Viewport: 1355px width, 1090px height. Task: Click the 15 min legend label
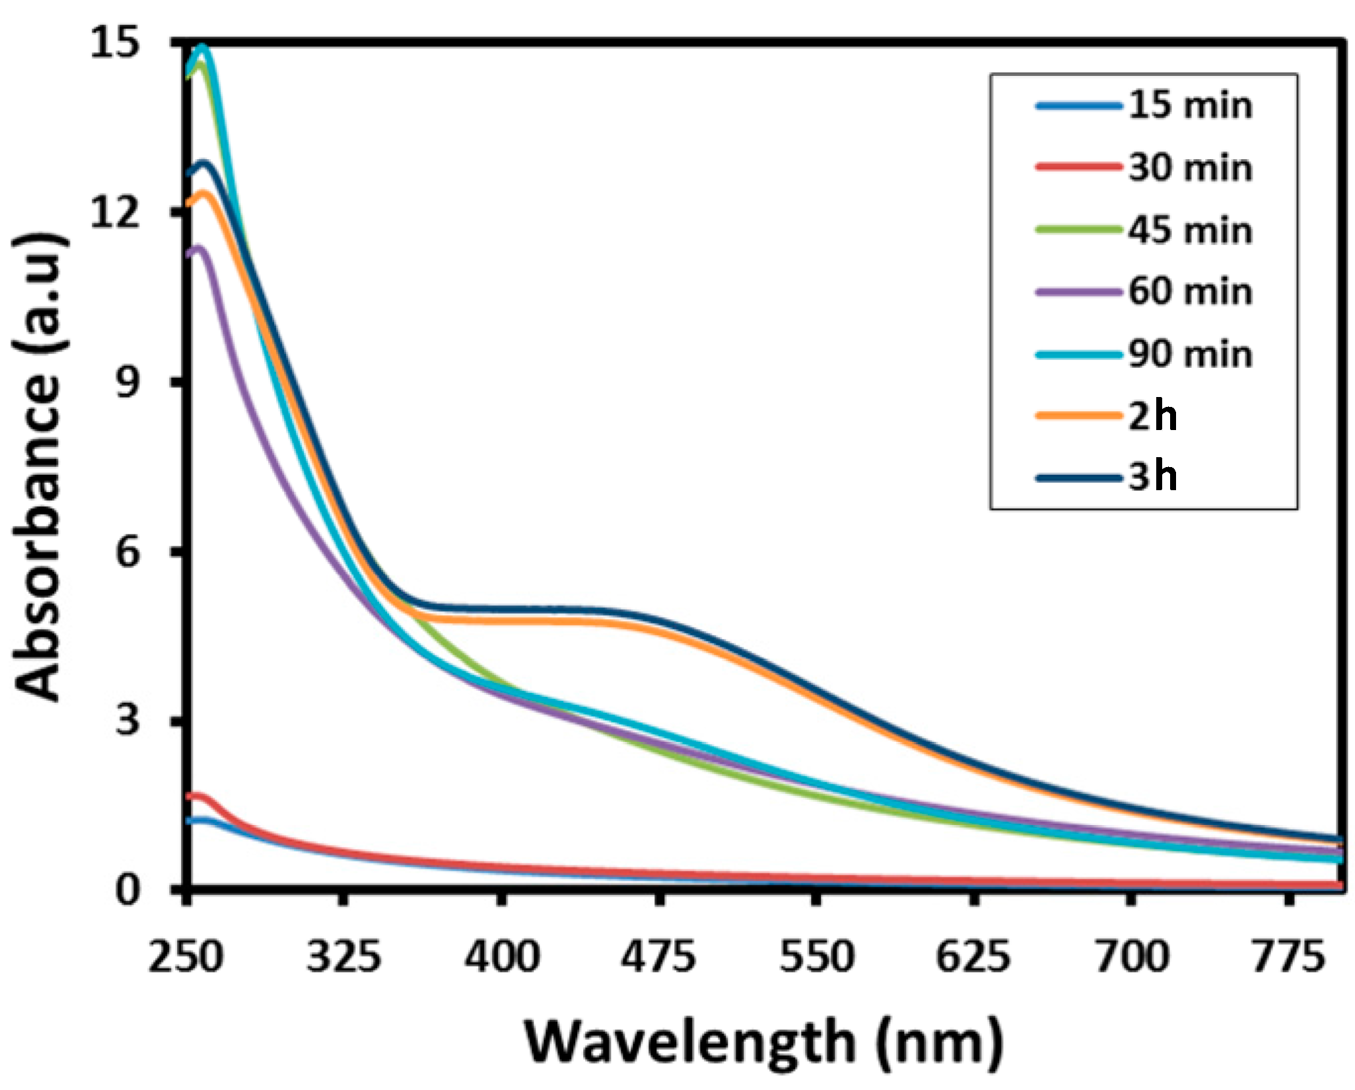pyautogui.click(x=1189, y=106)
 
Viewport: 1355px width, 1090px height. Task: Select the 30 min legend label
pyautogui.click(x=1189, y=168)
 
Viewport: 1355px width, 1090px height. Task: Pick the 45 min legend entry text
pyautogui.click(x=1189, y=231)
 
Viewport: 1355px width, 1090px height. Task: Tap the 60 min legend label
pyautogui.click(x=1189, y=292)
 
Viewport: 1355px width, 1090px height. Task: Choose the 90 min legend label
pyautogui.click(x=1189, y=354)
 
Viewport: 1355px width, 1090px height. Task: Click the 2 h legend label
pyautogui.click(x=1152, y=416)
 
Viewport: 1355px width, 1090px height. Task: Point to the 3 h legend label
pyautogui.click(x=1152, y=476)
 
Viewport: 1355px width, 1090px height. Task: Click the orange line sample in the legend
pyautogui.click(x=1079, y=416)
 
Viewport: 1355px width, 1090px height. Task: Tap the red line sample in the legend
pyautogui.click(x=1079, y=167)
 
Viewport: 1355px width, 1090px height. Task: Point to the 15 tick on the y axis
pyautogui.click(x=116, y=45)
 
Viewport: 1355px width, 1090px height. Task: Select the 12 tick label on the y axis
pyautogui.click(x=116, y=213)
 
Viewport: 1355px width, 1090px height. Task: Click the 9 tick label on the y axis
pyautogui.click(x=128, y=382)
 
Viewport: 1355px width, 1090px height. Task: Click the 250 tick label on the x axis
pyautogui.click(x=186, y=957)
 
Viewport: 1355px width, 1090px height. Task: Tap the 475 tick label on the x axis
pyautogui.click(x=658, y=957)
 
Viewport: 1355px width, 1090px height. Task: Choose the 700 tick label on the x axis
pyautogui.click(x=1132, y=957)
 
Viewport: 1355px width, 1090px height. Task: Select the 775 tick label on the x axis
pyautogui.click(x=1288, y=957)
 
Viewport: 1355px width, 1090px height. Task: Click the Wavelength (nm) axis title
pyautogui.click(x=764, y=1042)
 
